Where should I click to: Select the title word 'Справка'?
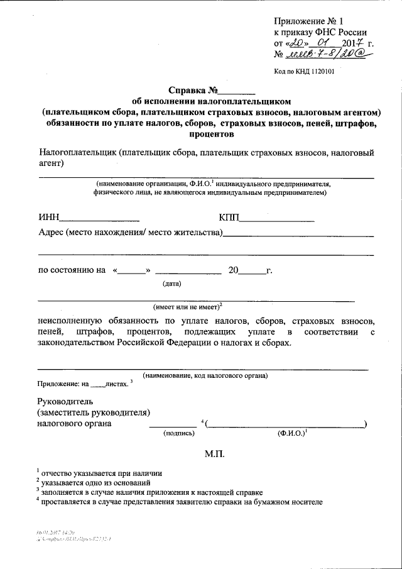pyautogui.click(x=188, y=89)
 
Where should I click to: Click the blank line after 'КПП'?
pyautogui.click(x=277, y=219)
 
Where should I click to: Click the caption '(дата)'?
pyautogui.click(x=172, y=283)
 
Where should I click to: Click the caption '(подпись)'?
pyautogui.click(x=179, y=434)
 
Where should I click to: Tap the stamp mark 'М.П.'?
pyautogui.click(x=214, y=453)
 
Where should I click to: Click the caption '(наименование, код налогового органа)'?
pyautogui.click(x=205, y=375)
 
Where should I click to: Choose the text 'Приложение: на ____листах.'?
pyautogui.click(x=82, y=384)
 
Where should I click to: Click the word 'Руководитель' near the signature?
pyautogui.click(x=65, y=401)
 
